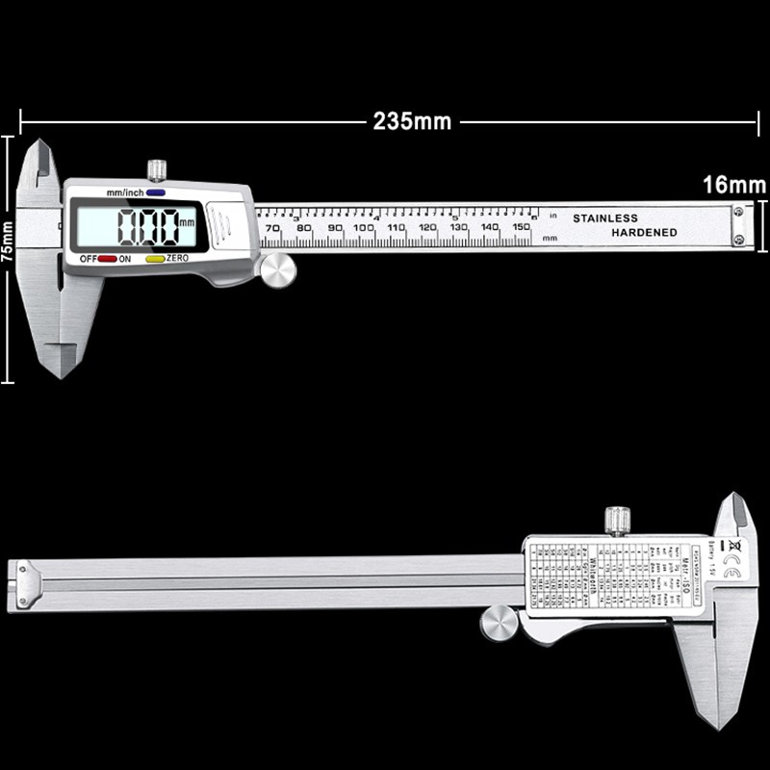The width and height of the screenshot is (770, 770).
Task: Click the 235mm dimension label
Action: (x=411, y=122)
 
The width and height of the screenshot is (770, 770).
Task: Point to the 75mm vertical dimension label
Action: (x=8, y=258)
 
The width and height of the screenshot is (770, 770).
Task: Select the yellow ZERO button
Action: (x=154, y=259)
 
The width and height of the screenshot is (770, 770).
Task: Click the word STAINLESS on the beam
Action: (x=605, y=218)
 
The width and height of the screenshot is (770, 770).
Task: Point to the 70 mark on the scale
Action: (x=272, y=228)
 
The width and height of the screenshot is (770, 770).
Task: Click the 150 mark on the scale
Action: (x=522, y=227)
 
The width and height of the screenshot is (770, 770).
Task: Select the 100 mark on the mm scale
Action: (x=365, y=228)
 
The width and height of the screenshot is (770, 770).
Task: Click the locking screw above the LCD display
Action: (x=156, y=170)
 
